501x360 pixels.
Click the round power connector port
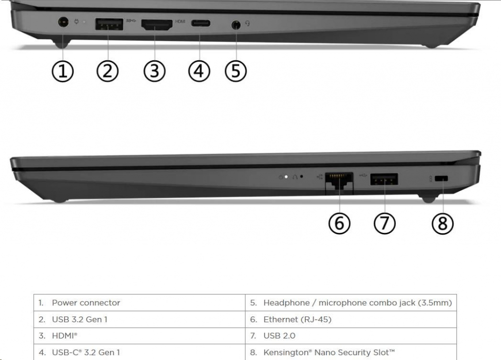63,22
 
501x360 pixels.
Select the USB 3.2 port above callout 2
109,24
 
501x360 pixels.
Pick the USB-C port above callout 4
200,23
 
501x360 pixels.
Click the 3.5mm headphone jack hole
236,24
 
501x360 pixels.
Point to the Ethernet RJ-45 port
339,183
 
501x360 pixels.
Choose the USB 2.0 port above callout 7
384,179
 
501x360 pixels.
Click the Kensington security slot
441,179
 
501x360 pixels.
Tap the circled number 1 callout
63,71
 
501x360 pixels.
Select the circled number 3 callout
154,71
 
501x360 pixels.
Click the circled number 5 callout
236,71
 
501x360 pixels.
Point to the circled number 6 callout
340,223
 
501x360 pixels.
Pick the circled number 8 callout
442,223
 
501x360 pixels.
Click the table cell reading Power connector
139,302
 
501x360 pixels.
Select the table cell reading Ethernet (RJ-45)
351,319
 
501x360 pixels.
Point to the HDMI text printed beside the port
180,22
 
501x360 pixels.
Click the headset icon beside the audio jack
248,23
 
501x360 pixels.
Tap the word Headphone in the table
287,303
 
